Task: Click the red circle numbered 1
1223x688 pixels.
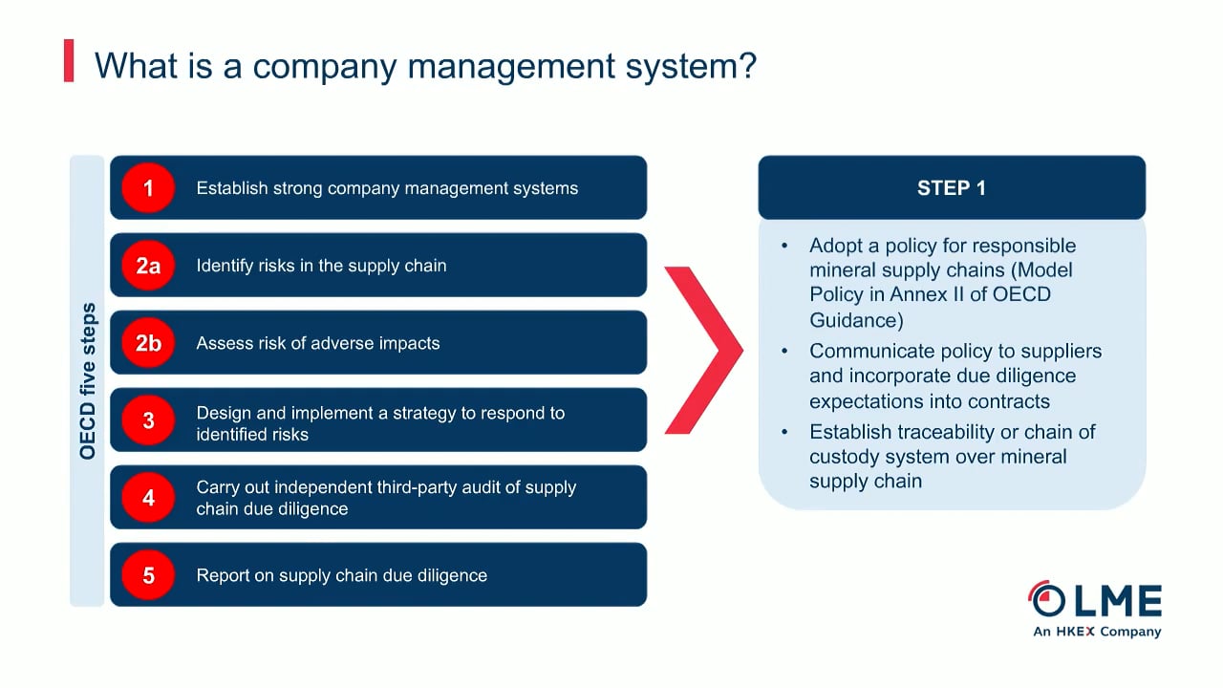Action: pyautogui.click(x=148, y=188)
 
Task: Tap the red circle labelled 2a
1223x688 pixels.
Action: pyautogui.click(x=148, y=266)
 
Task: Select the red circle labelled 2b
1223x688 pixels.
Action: pyautogui.click(x=148, y=343)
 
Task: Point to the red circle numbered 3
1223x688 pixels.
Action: pyautogui.click(x=148, y=420)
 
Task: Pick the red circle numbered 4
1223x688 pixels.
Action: pyautogui.click(x=148, y=498)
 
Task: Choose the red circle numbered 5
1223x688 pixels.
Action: pyautogui.click(x=148, y=575)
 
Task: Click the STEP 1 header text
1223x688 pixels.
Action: pyautogui.click(x=951, y=188)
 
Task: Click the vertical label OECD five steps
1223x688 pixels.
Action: pyautogui.click(x=88, y=381)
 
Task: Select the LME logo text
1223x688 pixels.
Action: pyautogui.click(x=1117, y=601)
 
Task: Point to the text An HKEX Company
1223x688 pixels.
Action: pyautogui.click(x=1097, y=632)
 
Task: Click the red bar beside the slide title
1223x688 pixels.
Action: pyautogui.click(x=69, y=61)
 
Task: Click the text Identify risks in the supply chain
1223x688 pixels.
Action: pyautogui.click(x=321, y=266)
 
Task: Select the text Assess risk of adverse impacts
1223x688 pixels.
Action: pyautogui.click(x=318, y=343)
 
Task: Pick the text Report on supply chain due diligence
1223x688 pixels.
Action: pyautogui.click(x=341, y=575)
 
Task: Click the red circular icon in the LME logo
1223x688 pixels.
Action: pyautogui.click(x=1047, y=599)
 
